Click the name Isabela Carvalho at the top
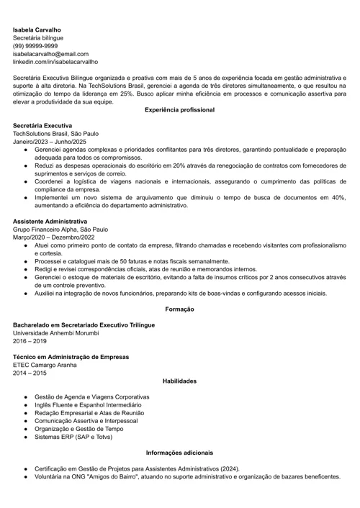click(37, 30)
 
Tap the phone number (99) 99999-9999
click(35, 46)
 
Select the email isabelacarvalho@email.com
click(50, 54)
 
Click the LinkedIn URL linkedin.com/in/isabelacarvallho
click(55, 62)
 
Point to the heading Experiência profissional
click(179, 109)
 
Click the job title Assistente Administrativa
click(50, 221)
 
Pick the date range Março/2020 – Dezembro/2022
click(54, 237)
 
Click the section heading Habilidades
click(179, 381)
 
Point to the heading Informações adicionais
click(179, 453)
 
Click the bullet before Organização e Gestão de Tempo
click(25, 429)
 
